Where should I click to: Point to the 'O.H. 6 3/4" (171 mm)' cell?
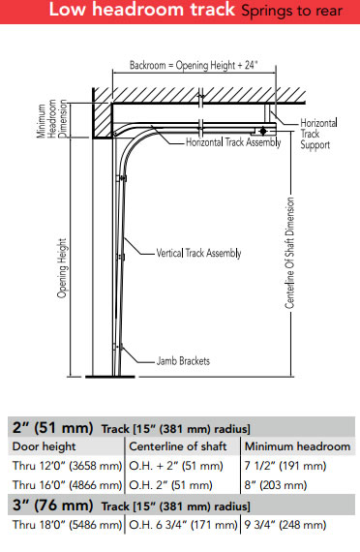pos(182,524)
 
